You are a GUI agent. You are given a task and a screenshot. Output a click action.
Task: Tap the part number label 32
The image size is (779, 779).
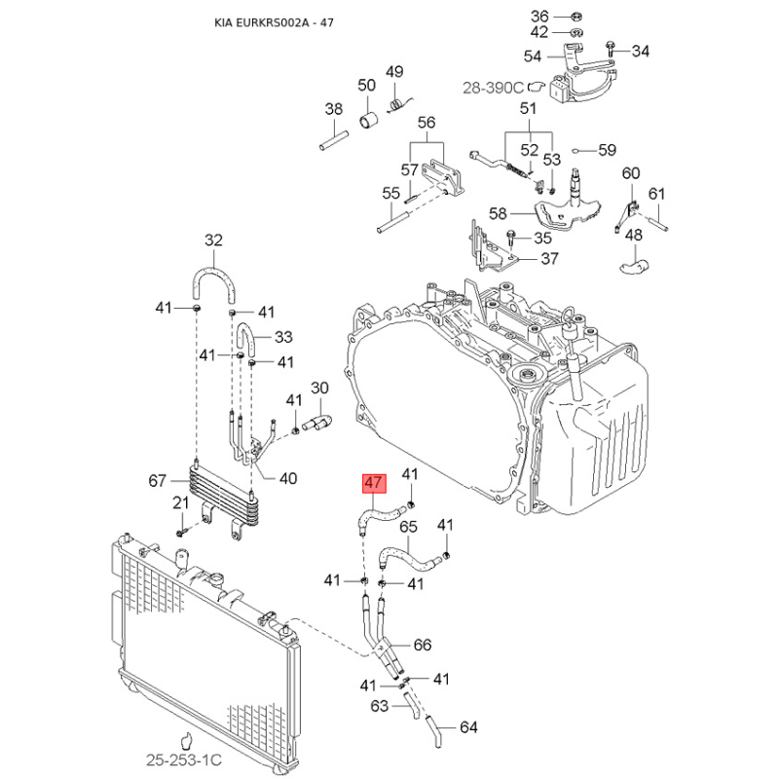point(213,241)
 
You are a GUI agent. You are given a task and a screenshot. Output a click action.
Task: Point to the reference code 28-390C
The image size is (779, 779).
point(493,87)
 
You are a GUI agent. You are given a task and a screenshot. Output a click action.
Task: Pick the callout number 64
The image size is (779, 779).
point(468,726)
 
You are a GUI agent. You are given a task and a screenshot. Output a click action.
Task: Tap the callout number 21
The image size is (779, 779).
point(180,502)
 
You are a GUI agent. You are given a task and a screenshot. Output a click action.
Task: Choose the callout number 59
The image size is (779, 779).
point(607,150)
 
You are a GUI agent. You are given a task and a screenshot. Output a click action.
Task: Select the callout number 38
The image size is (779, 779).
point(334,109)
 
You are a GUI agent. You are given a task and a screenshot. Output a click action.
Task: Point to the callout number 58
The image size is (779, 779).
point(499,213)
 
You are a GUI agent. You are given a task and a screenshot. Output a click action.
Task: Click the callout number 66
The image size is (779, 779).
point(422,645)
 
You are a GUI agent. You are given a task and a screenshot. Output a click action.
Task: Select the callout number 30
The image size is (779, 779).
point(319,389)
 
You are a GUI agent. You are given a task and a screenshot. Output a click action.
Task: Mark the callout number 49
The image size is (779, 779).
point(394,72)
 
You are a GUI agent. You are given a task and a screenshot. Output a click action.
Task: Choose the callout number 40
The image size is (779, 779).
point(288,477)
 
